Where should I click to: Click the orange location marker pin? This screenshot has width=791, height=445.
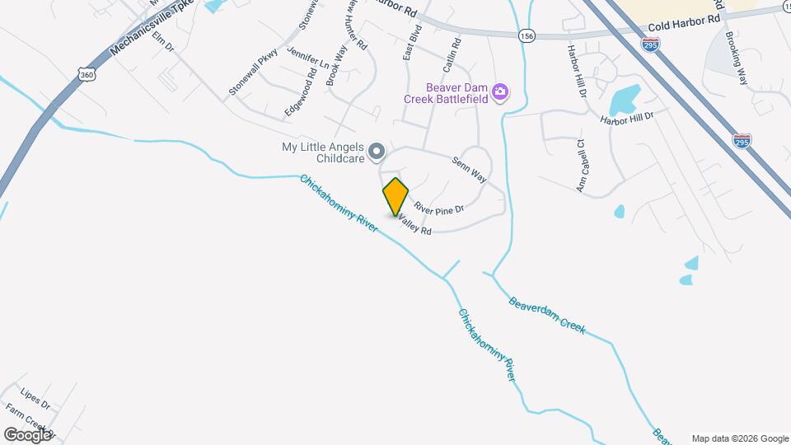click(x=395, y=196)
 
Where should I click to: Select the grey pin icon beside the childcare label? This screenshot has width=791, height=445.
click(x=377, y=151)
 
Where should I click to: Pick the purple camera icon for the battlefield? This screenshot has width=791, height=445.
click(x=499, y=91)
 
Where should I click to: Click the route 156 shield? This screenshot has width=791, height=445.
click(x=527, y=35)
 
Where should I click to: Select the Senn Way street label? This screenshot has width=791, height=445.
click(x=469, y=168)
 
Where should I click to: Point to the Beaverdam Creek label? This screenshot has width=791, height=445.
click(x=546, y=315)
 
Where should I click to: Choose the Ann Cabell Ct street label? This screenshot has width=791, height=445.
click(x=581, y=166)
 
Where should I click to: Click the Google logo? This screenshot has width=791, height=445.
click(x=28, y=434)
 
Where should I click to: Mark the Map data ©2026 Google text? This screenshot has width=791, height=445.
click(x=739, y=438)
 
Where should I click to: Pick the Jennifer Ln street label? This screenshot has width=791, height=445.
click(x=307, y=58)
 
